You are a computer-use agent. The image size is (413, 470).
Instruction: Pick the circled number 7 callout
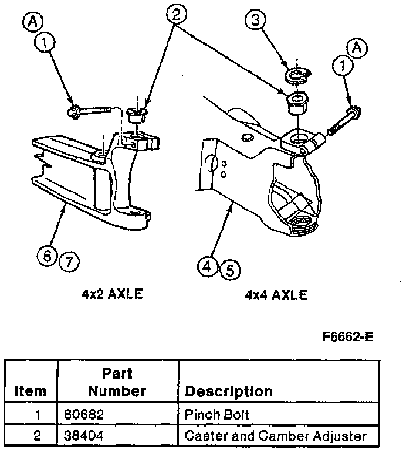click(69, 260)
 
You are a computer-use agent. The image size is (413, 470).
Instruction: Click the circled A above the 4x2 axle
click(32, 22)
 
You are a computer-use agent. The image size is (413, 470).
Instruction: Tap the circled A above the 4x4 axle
click(357, 46)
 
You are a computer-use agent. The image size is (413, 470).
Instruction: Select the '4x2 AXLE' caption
click(112, 294)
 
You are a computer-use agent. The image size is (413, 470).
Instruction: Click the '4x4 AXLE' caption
click(276, 294)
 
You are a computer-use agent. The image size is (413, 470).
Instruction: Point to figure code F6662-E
click(348, 338)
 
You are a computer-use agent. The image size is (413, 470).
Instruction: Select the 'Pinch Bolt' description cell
click(216, 415)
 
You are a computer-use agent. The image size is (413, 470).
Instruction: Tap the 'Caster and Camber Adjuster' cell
click(275, 436)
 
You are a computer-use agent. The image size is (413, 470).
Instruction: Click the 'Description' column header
click(229, 391)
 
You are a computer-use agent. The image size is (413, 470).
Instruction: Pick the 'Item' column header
click(30, 391)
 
